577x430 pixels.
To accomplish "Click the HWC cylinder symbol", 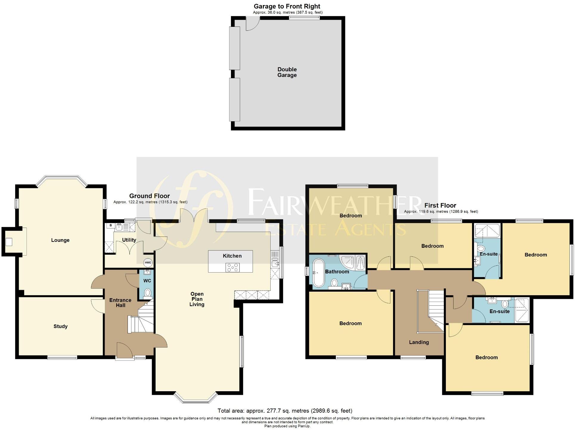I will point(148,262).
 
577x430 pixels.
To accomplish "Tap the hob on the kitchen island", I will point(232,267).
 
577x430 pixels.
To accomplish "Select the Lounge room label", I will point(60,240).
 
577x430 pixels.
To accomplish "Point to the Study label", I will point(61,326).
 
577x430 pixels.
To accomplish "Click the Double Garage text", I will point(287,72).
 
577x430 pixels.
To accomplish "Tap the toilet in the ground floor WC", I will point(148,293).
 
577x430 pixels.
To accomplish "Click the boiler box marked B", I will point(111,225).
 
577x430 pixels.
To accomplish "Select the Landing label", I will point(419,342).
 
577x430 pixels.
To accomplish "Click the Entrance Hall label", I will point(120,302).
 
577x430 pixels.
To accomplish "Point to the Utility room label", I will point(129,240).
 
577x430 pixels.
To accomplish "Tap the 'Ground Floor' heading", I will point(149,196).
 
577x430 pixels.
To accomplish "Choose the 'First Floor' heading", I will point(440,205).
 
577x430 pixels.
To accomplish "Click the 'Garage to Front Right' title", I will point(287,6).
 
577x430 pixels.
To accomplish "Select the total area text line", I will point(285,411).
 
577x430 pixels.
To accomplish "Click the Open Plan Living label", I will point(197,299).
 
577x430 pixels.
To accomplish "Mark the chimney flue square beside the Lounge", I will point(9,242).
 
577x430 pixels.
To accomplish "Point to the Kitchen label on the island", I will point(232,256).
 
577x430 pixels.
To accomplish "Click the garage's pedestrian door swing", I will point(252,23).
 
